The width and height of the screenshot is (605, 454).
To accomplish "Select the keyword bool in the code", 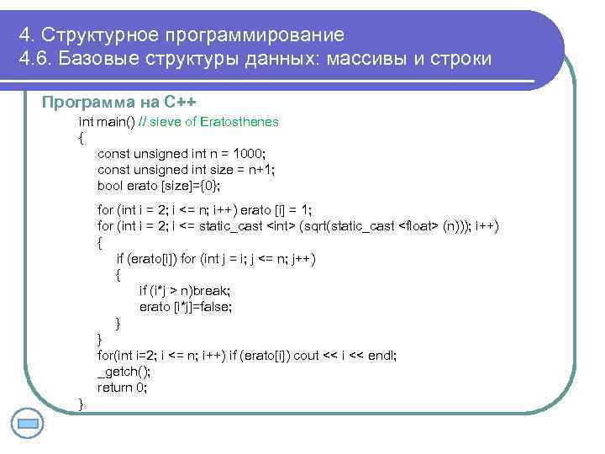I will [110, 186].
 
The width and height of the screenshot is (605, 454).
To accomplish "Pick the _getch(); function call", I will [124, 372].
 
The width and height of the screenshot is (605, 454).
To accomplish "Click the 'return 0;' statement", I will [123, 388].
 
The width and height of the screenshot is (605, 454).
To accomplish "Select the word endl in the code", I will [381, 356].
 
